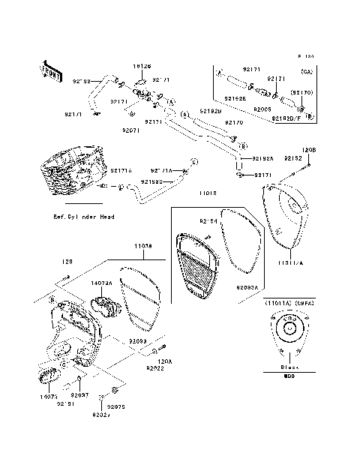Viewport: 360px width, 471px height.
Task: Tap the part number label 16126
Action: click(x=142, y=66)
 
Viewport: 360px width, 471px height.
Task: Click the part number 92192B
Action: click(x=211, y=111)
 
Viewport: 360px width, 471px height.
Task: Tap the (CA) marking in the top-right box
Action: click(x=306, y=72)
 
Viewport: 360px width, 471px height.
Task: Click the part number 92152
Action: click(x=292, y=159)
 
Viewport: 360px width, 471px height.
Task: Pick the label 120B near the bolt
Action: click(x=309, y=149)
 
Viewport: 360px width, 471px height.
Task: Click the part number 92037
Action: click(x=79, y=394)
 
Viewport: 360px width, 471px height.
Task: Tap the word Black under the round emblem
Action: click(x=288, y=367)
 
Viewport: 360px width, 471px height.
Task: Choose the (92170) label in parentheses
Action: click(x=301, y=92)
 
